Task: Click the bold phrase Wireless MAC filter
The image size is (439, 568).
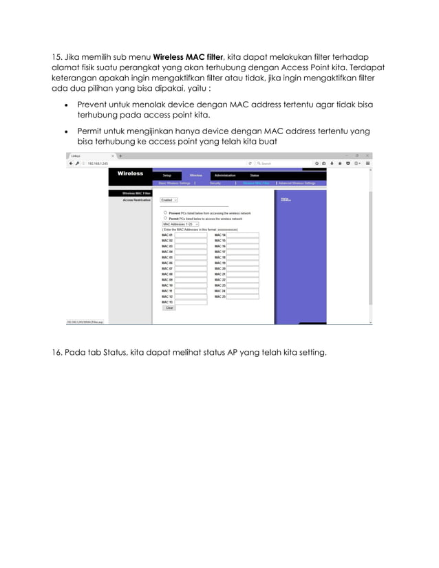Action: pyautogui.click(x=188, y=56)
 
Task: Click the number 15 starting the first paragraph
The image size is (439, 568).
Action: pyautogui.click(x=58, y=56)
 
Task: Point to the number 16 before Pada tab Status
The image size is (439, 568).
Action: pyautogui.click(x=58, y=353)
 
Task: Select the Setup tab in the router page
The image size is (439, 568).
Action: pyautogui.click(x=167, y=175)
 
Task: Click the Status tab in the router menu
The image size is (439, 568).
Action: pyautogui.click(x=255, y=175)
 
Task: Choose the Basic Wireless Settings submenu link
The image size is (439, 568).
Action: pyautogui.click(x=174, y=184)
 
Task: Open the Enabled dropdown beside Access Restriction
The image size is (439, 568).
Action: pyautogui.click(x=169, y=200)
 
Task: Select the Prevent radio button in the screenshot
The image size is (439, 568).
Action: pyautogui.click(x=165, y=213)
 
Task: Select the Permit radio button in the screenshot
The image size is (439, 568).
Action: pyautogui.click(x=165, y=218)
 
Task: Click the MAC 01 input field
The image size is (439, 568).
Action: pyautogui.click(x=191, y=235)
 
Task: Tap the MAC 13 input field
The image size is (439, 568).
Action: pyautogui.click(x=191, y=302)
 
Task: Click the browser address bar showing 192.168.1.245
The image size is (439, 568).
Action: pyautogui.click(x=158, y=164)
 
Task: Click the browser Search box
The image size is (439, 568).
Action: pyautogui.click(x=282, y=164)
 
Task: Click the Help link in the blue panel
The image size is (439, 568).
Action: pyautogui.click(x=285, y=199)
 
